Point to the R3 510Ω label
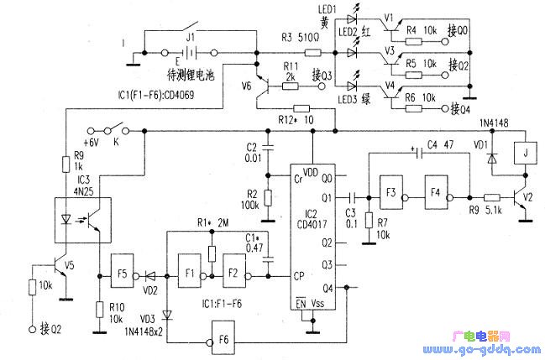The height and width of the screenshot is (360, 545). point(298,39)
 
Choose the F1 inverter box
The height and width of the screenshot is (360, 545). point(190,274)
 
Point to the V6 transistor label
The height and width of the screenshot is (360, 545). point(245,86)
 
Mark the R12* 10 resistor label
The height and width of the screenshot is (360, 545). point(294,120)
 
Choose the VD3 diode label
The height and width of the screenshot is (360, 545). point(147,320)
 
